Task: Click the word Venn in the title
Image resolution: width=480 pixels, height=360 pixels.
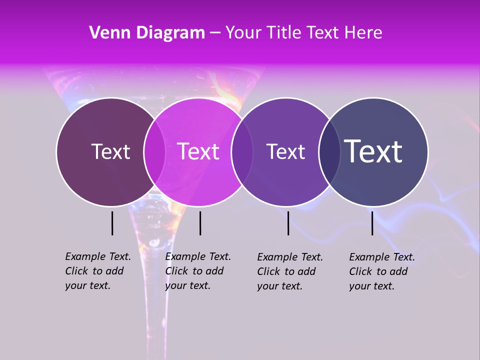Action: click(106, 33)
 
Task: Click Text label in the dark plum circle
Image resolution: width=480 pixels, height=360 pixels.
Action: click(110, 151)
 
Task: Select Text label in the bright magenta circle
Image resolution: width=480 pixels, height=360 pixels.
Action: click(198, 151)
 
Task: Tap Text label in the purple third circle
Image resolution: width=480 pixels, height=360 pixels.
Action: click(286, 151)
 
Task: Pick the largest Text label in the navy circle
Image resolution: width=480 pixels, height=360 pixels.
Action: click(373, 151)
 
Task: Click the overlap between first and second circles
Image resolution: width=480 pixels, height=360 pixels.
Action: click(154, 152)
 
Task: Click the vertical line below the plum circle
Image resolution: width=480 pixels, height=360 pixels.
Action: click(112, 223)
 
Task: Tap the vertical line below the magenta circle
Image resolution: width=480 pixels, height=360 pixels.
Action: click(200, 223)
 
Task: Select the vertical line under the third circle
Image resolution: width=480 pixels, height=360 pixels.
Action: click(288, 223)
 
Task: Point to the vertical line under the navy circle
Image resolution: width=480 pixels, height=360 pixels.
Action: click(372, 223)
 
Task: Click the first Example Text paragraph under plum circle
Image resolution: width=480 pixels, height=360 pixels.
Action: click(98, 271)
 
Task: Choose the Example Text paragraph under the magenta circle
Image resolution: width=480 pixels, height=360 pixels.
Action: click(198, 271)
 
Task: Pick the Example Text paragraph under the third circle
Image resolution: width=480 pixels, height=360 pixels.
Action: click(290, 271)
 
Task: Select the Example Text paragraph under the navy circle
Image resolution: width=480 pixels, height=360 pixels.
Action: click(382, 271)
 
